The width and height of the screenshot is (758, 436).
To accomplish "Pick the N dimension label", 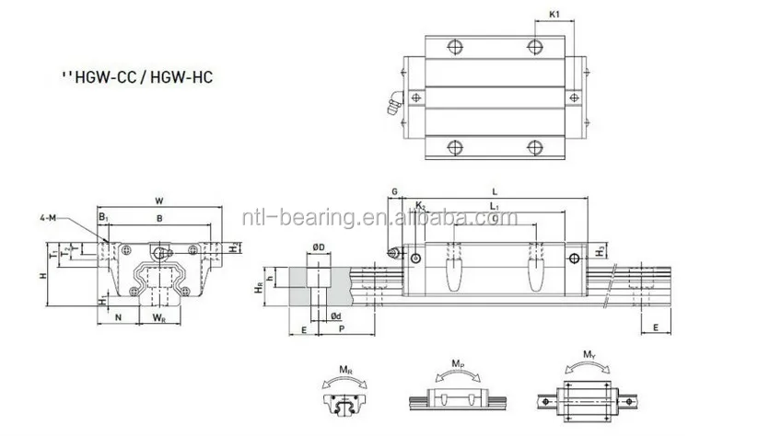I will (118, 318).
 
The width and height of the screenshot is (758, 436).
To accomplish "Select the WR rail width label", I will (159, 319).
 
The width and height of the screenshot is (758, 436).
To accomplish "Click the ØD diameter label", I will (317, 247).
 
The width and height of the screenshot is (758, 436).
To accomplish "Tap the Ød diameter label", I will (337, 316).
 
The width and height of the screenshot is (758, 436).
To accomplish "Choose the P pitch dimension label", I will (341, 328).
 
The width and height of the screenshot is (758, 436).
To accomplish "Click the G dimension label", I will (393, 191).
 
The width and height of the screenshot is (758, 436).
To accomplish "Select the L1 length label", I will (495, 206).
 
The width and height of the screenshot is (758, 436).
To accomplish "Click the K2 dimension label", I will (420, 206).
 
